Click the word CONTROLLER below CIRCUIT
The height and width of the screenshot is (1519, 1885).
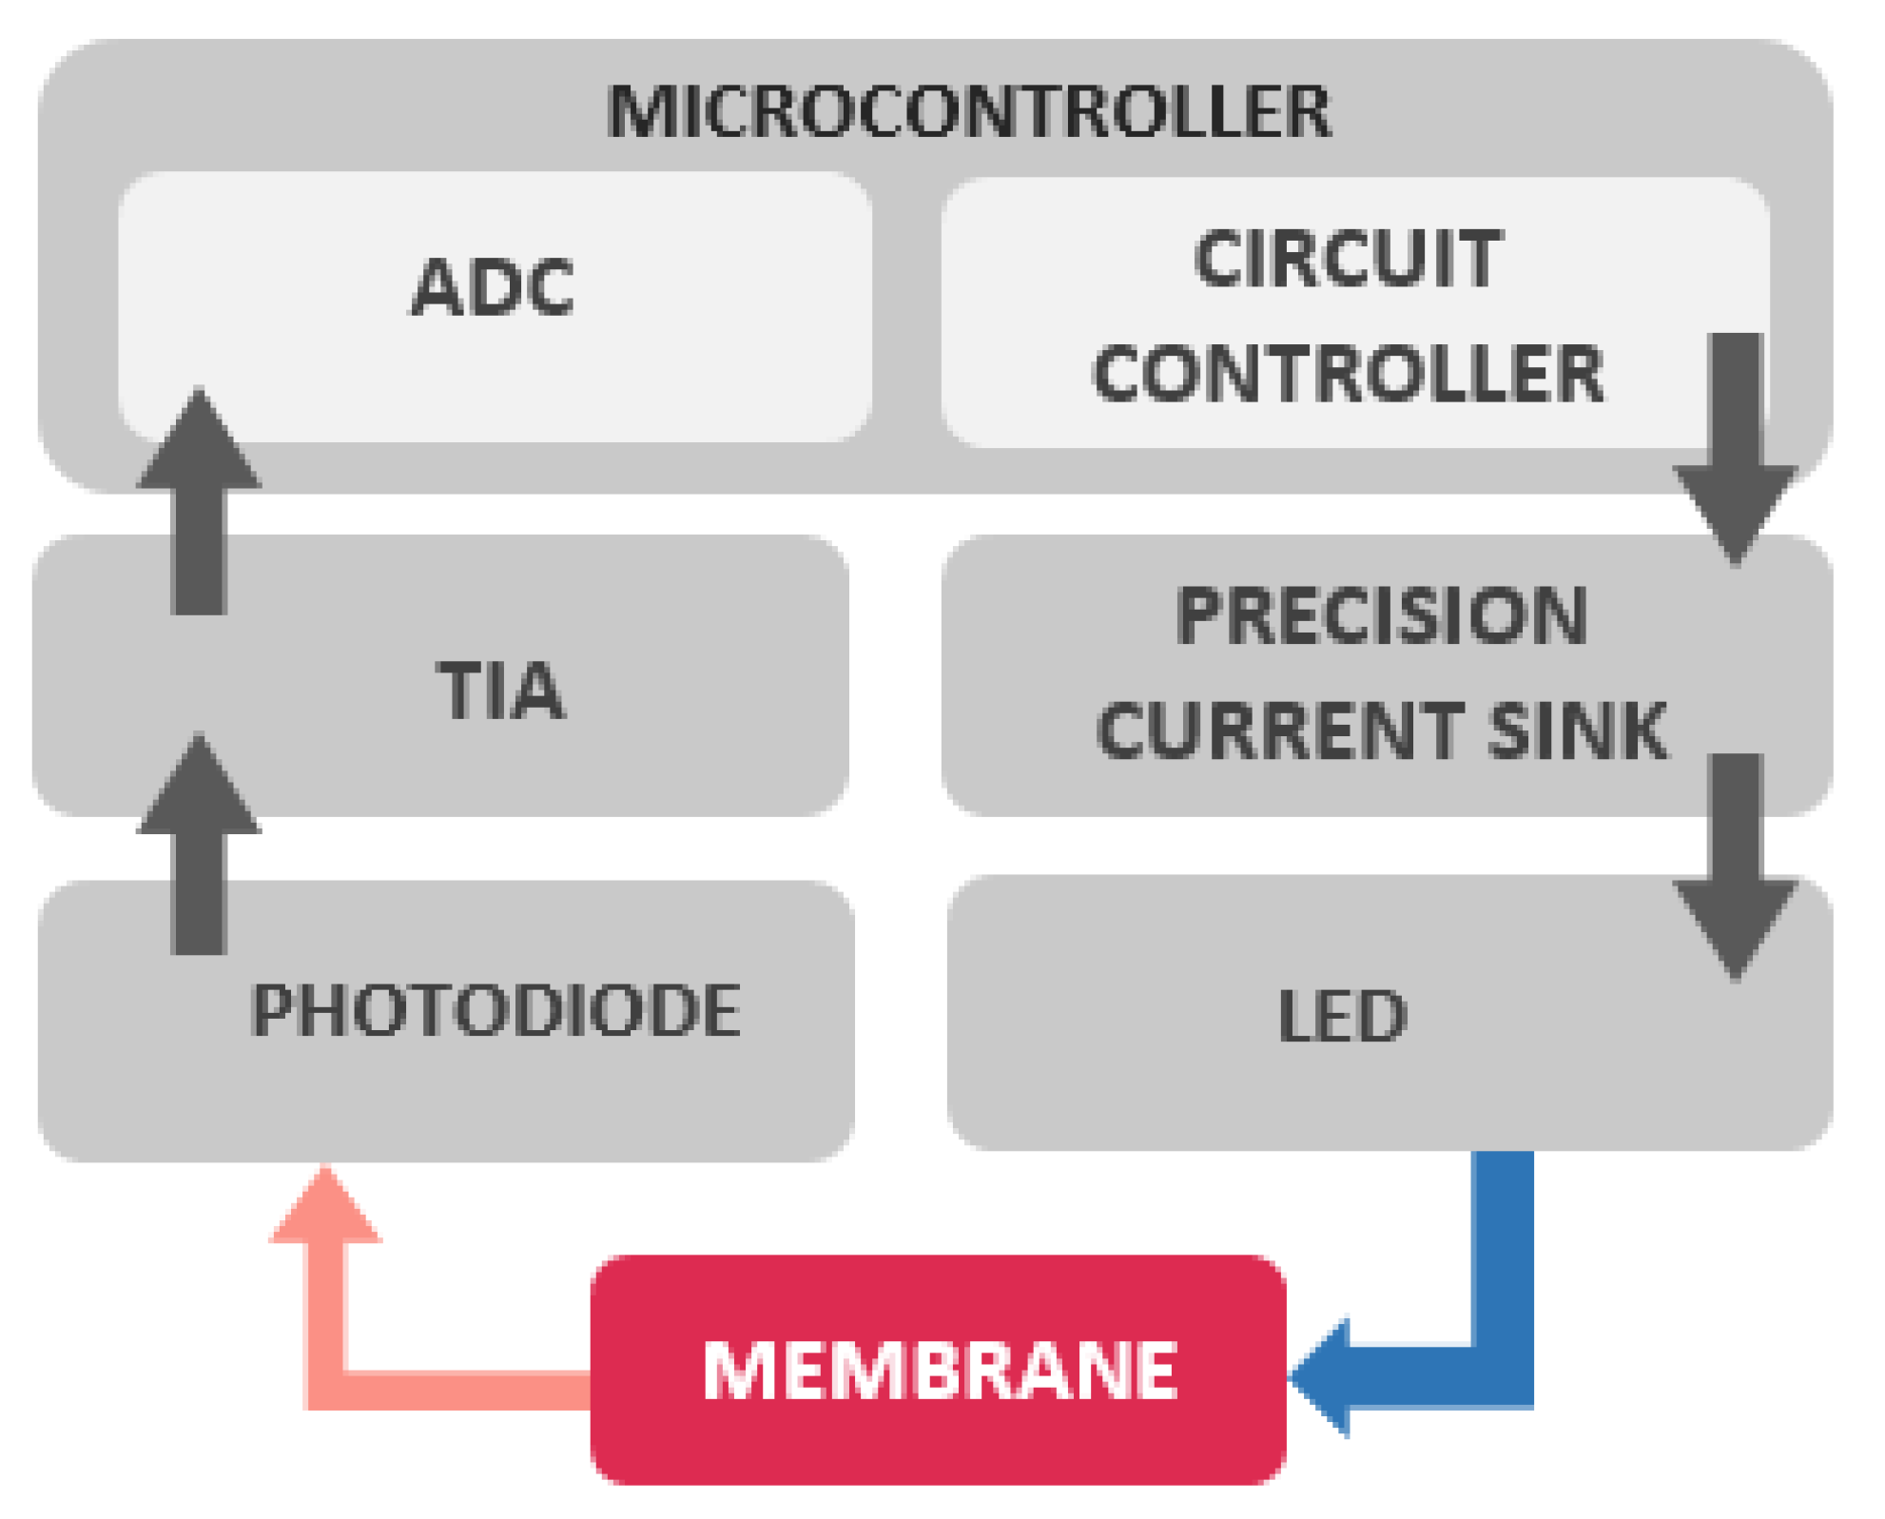(1348, 373)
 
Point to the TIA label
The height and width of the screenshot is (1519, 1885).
(501, 691)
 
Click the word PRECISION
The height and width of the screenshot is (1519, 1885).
(1381, 615)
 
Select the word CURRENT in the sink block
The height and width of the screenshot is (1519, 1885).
(1279, 730)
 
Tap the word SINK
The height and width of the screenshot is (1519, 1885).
(1578, 730)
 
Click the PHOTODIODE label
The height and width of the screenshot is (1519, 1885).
(496, 1010)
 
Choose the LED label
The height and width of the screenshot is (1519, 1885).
(1342, 1017)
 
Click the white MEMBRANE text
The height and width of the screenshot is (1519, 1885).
(940, 1371)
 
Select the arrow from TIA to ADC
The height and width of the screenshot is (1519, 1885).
(199, 504)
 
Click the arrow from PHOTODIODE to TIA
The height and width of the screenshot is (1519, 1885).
(199, 847)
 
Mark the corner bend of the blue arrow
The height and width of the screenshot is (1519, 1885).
(1503, 1376)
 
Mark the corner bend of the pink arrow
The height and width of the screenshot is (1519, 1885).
(325, 1390)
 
